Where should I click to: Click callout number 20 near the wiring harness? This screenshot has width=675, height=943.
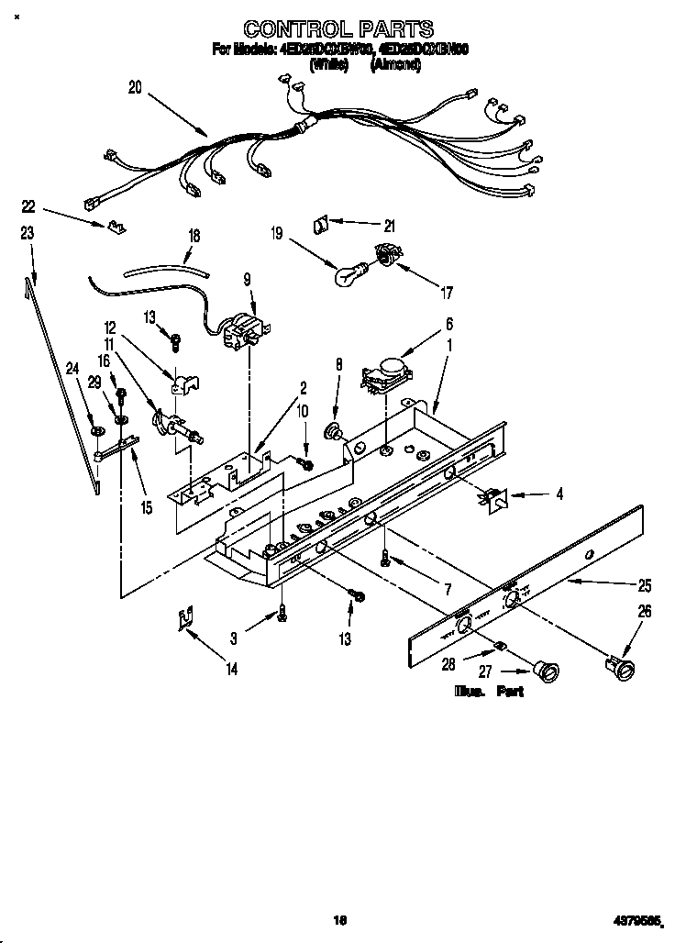[x=136, y=88]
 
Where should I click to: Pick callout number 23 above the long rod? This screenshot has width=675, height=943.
[x=28, y=233]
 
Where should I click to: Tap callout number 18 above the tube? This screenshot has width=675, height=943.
[x=194, y=235]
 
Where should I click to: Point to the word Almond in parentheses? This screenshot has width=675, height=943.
[x=395, y=65]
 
